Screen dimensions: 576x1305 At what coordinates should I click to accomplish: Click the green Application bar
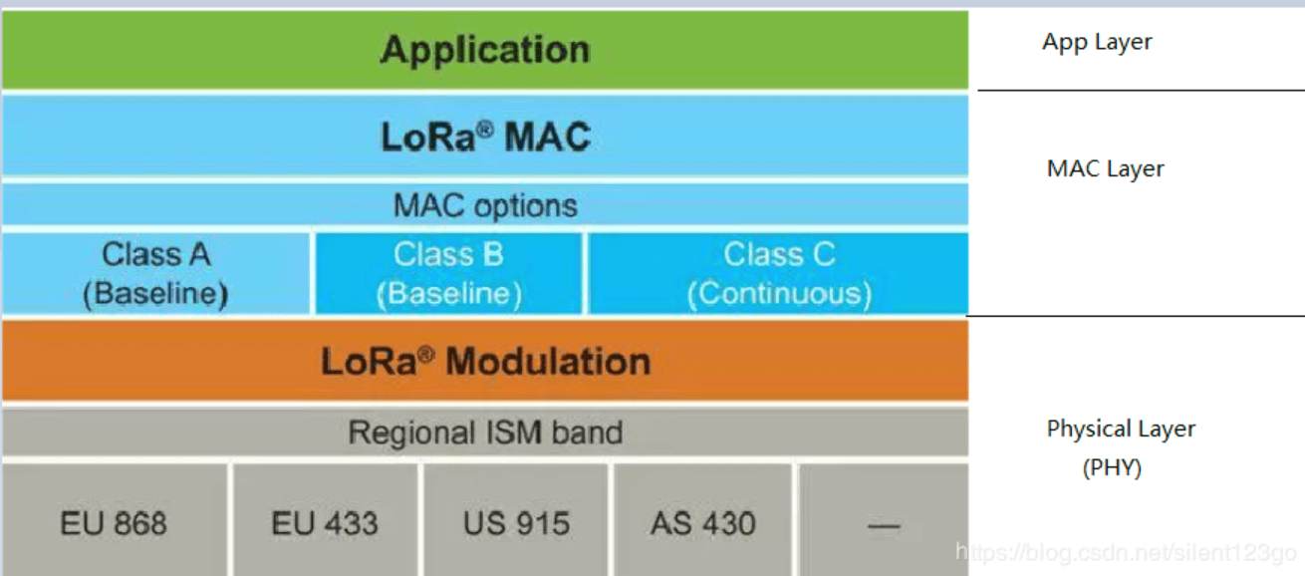click(484, 50)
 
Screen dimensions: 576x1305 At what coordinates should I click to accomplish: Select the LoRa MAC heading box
click(484, 137)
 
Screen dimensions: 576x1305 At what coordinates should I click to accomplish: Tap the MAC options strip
click(484, 205)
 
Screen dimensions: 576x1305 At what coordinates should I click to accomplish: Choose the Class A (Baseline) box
click(155, 273)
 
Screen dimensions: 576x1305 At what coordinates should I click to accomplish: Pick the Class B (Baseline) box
click(448, 273)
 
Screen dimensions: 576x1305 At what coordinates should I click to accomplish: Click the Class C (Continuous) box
click(778, 273)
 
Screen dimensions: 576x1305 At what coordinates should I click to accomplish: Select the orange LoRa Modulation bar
click(484, 361)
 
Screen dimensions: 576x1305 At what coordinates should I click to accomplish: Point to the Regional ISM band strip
click(484, 432)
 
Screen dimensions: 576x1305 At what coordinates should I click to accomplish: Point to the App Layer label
click(1097, 42)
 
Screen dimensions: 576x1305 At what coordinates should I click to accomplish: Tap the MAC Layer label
click(1105, 168)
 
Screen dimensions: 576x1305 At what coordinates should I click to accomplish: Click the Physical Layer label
click(1121, 429)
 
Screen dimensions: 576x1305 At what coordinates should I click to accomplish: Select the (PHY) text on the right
click(1112, 467)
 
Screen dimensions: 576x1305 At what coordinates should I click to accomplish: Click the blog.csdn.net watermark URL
click(1126, 551)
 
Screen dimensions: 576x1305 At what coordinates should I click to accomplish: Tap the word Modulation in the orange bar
click(548, 361)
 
